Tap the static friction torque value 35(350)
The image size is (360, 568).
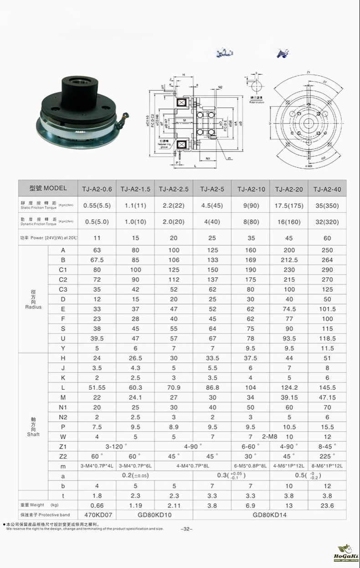point(327,206)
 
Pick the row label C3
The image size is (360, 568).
point(63,289)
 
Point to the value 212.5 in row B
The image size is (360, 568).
point(289,260)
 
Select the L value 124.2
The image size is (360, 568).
point(289,387)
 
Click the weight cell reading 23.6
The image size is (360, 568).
point(327,505)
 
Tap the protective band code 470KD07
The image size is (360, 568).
point(97,515)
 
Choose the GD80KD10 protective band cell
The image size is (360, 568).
point(154,515)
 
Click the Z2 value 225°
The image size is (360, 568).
point(327,456)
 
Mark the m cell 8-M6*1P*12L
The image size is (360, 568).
point(327,466)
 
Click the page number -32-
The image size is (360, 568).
point(187,529)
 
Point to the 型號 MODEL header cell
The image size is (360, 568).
point(48,188)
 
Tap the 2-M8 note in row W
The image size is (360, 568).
point(269,437)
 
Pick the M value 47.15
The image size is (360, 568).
point(327,398)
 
